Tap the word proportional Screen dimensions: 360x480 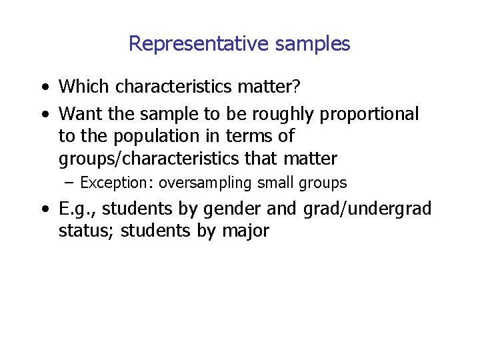click(369, 115)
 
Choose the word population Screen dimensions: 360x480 click(150, 137)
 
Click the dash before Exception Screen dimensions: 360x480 click(70, 183)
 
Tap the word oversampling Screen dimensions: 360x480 click(201, 183)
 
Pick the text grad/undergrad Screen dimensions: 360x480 click(367, 209)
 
